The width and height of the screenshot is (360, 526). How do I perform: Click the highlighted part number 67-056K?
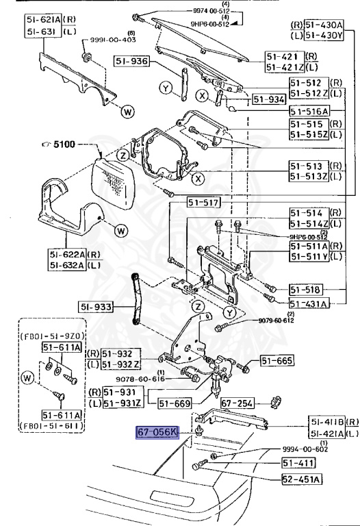[157, 433]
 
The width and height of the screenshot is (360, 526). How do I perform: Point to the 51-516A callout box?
[308, 111]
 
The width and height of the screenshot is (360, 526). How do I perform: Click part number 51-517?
[203, 202]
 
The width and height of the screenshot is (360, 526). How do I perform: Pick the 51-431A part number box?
[308, 303]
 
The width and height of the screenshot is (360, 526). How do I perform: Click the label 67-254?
[237, 403]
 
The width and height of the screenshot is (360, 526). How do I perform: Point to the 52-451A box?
[302, 478]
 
